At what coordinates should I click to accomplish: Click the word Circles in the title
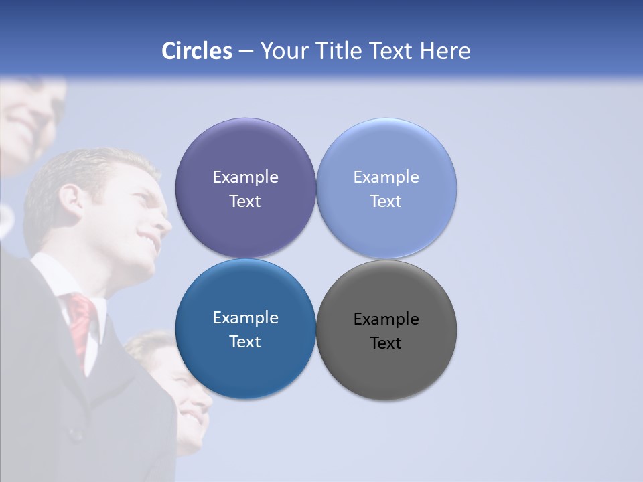tap(197, 51)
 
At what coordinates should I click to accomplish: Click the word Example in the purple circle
tap(245, 177)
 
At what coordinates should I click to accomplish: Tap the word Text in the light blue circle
tap(386, 202)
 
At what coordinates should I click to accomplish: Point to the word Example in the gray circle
tap(386, 319)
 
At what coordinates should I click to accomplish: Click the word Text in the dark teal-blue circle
tap(245, 342)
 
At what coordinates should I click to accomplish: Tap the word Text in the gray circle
tap(386, 343)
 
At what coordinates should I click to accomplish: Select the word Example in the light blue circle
tap(386, 177)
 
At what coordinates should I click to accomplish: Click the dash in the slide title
tap(246, 52)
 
